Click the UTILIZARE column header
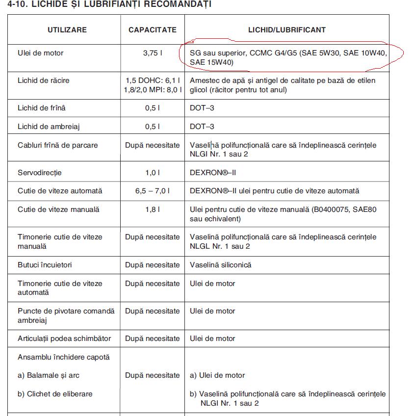(67, 30)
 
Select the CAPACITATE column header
(152, 30)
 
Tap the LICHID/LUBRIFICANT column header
(287, 30)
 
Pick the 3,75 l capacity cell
(153, 53)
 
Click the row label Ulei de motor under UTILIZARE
(40, 53)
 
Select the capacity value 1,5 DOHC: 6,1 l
(153, 80)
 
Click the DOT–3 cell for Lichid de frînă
(202, 108)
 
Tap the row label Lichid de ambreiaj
(49, 127)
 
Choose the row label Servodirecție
(40, 173)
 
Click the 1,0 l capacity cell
(153, 173)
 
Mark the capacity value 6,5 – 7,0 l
(153, 191)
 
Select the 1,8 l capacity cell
(153, 209)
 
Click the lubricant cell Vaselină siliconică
(220, 265)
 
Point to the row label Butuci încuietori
(45, 265)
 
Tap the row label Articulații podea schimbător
(64, 338)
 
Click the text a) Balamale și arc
(49, 375)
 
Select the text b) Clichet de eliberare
(55, 394)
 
